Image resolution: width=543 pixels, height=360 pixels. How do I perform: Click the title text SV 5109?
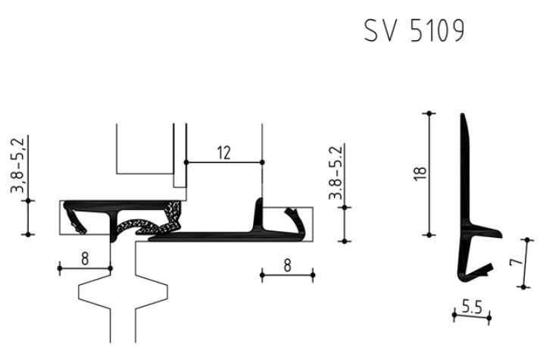click(x=414, y=30)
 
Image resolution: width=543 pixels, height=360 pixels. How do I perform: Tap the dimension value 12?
click(x=223, y=153)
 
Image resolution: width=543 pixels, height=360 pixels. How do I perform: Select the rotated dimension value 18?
click(x=420, y=174)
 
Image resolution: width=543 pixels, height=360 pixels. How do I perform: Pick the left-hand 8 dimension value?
click(x=85, y=258)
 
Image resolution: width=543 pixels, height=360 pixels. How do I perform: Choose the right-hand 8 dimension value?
click(x=287, y=266)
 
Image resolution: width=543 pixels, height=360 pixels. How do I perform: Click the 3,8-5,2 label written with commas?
click(x=17, y=166)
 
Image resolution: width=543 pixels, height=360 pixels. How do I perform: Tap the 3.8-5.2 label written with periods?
click(x=335, y=173)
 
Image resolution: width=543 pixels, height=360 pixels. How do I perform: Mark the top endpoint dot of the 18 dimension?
click(x=429, y=113)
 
